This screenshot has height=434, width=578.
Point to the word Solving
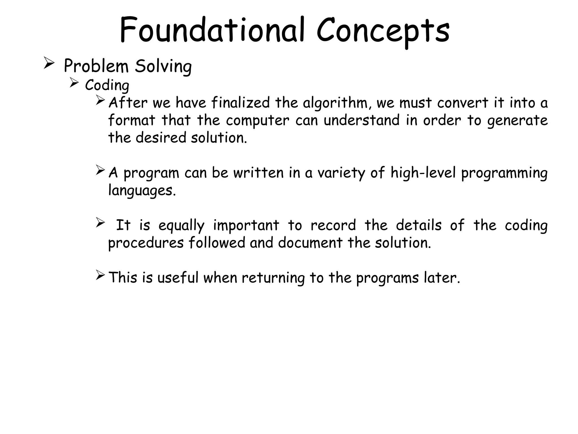163,67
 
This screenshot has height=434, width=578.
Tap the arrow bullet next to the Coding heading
74,83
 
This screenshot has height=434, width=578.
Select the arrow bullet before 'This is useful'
100,275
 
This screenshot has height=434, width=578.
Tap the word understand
362,120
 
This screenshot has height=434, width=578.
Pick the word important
246,226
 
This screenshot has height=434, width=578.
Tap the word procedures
146,243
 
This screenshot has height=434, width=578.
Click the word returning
273,278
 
